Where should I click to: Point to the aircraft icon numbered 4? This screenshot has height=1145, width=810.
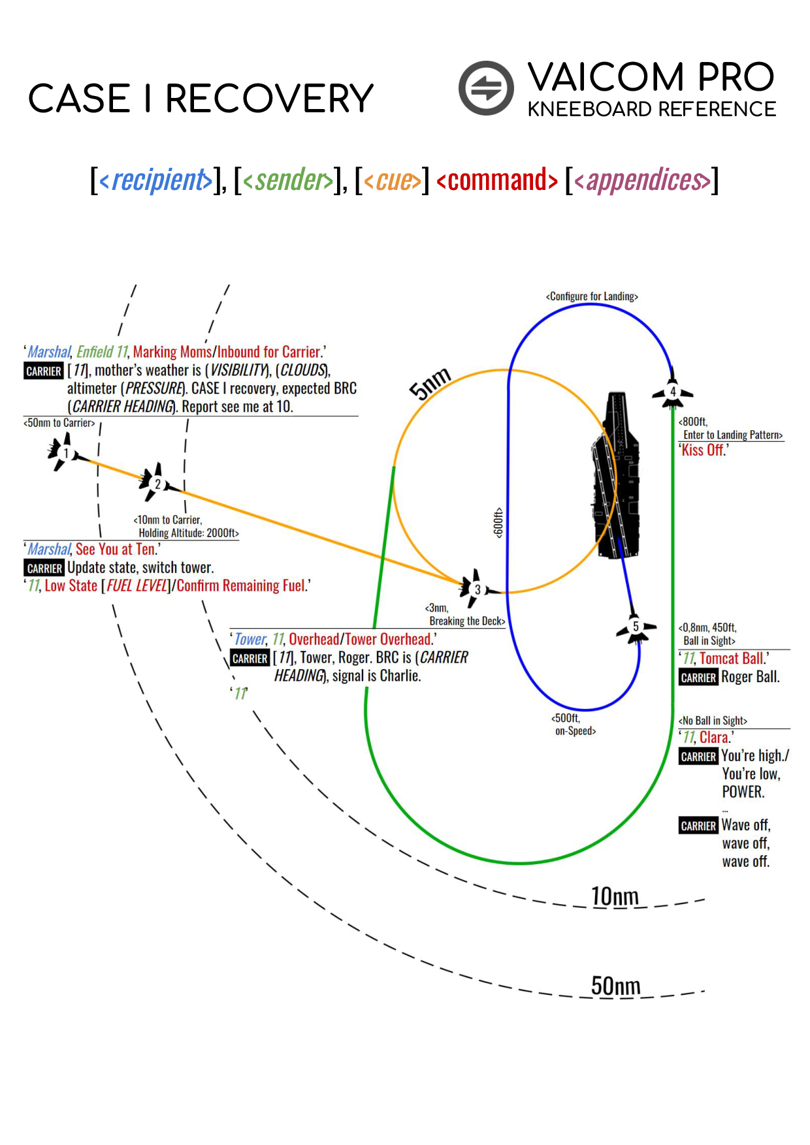672,392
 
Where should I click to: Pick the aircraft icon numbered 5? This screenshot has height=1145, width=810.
635,627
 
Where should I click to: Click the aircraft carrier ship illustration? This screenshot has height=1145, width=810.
615,477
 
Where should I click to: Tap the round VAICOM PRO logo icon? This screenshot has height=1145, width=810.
486,88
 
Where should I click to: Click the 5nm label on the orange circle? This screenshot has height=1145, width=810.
430,384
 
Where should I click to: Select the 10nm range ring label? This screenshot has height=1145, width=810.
615,896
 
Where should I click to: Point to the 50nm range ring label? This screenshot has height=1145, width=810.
615,986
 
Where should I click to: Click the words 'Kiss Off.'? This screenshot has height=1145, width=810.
703,450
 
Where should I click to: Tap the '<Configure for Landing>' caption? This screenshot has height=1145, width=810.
592,296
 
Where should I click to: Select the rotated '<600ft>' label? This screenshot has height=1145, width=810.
499,522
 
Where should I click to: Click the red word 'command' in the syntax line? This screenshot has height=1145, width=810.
497,180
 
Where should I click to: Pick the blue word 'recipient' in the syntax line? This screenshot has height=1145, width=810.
160,180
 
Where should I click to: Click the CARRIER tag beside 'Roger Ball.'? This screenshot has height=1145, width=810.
698,678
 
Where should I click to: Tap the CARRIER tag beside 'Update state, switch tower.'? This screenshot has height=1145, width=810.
44,568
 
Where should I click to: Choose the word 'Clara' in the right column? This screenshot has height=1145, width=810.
714,738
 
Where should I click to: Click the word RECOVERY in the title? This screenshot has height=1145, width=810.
269,99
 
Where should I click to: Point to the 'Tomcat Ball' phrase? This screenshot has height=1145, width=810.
731,659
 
